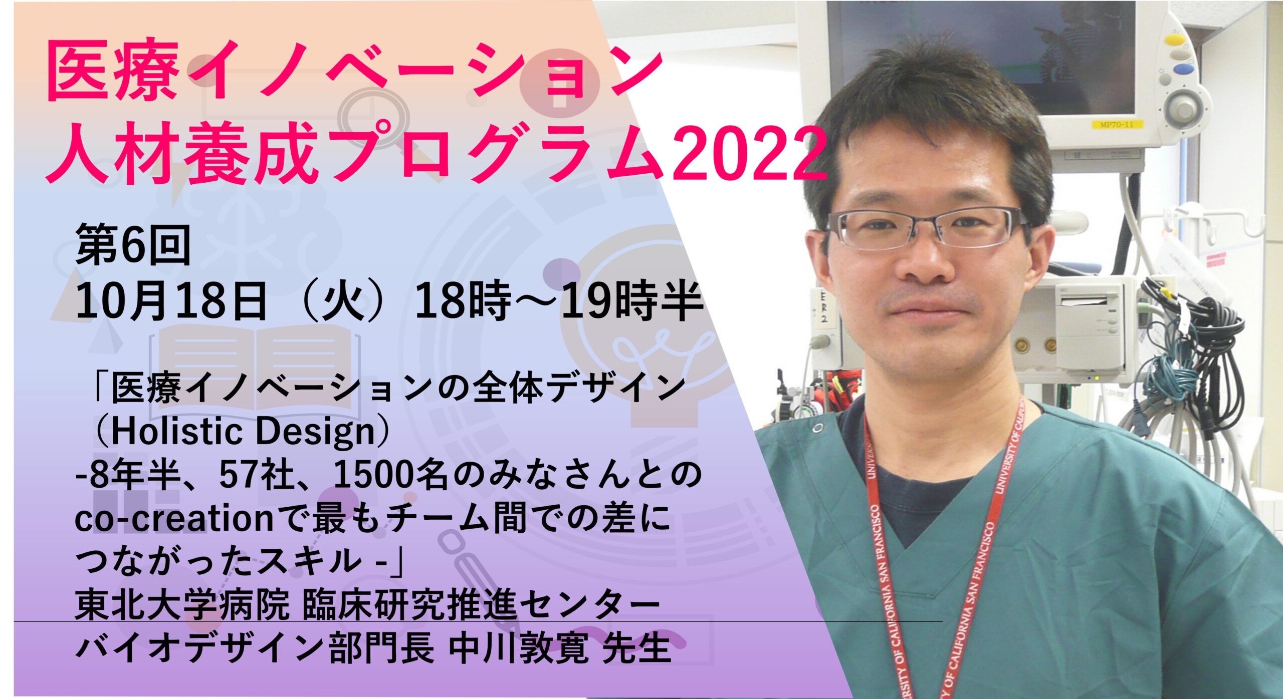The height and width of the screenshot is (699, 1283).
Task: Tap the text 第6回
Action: tap(133, 245)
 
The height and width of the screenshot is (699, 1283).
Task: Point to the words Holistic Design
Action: tap(243, 431)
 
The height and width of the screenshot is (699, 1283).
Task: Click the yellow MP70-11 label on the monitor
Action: tap(1115, 124)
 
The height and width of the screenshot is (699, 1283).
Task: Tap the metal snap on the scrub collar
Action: tap(818, 429)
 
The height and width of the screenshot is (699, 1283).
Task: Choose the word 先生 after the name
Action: tap(636, 648)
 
